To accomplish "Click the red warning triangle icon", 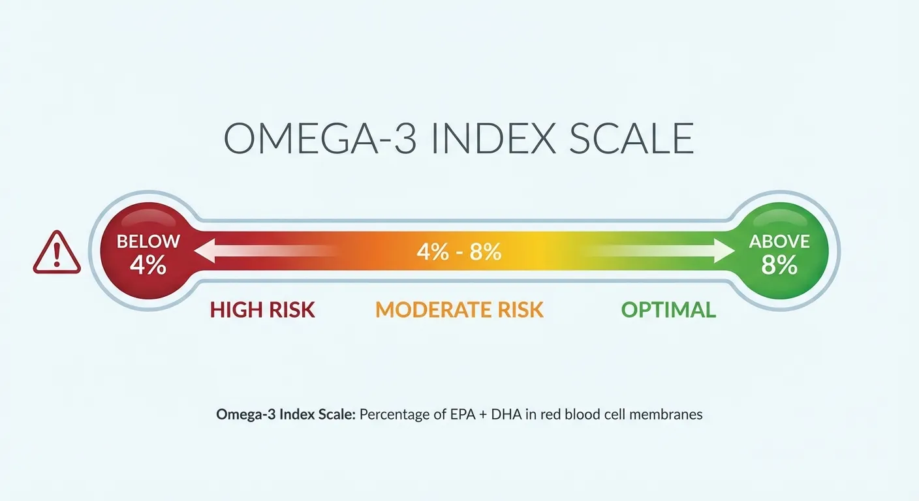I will [x=57, y=254].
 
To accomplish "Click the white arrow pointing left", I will [x=261, y=251].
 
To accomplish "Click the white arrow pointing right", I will [x=659, y=251].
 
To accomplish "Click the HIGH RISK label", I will [x=262, y=310].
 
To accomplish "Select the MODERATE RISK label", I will [x=459, y=310].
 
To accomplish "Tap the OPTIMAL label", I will [x=668, y=310].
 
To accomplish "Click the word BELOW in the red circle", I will [x=148, y=241].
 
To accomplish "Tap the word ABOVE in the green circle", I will [x=779, y=241].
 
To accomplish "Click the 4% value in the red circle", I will [x=148, y=266].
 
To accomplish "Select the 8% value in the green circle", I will [x=779, y=266].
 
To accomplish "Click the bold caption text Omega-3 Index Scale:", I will [x=285, y=414].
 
